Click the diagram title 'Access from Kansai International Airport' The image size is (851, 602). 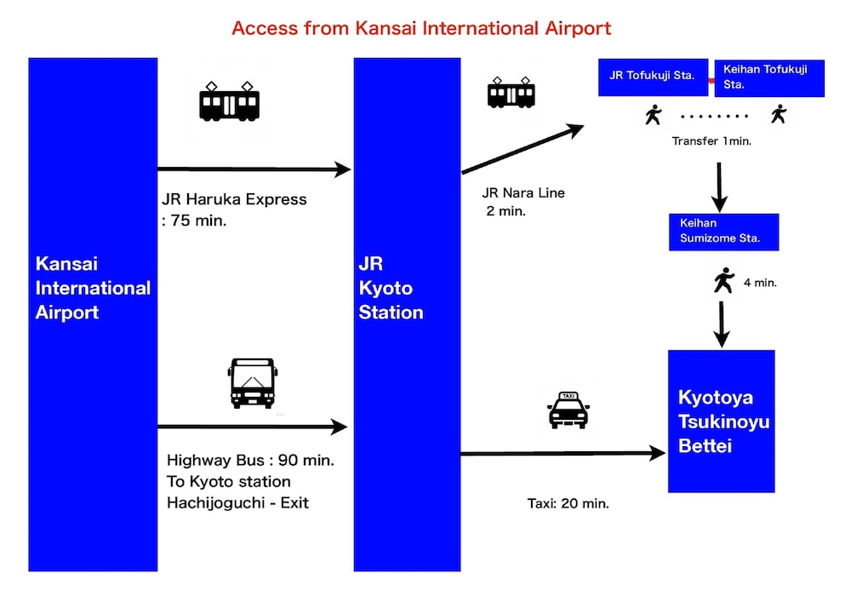click(421, 27)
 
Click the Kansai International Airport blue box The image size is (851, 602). click(93, 313)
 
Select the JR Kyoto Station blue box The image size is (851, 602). click(407, 313)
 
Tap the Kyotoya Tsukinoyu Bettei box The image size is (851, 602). click(721, 421)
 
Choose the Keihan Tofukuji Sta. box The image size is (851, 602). click(771, 77)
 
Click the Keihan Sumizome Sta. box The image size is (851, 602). click(723, 231)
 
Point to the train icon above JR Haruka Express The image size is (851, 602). click(229, 101)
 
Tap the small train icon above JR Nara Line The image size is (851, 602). click(511, 93)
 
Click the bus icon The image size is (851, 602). click(252, 383)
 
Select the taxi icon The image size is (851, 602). click(568, 410)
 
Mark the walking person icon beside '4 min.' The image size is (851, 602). click(723, 280)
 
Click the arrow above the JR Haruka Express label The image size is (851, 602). click(254, 169)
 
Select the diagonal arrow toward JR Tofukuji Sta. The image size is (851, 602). click(522, 151)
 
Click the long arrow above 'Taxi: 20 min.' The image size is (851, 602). click(562, 454)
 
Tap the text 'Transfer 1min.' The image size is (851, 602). click(711, 140)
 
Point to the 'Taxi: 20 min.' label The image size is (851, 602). click(568, 503)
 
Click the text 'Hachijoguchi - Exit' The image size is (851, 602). click(237, 502)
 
